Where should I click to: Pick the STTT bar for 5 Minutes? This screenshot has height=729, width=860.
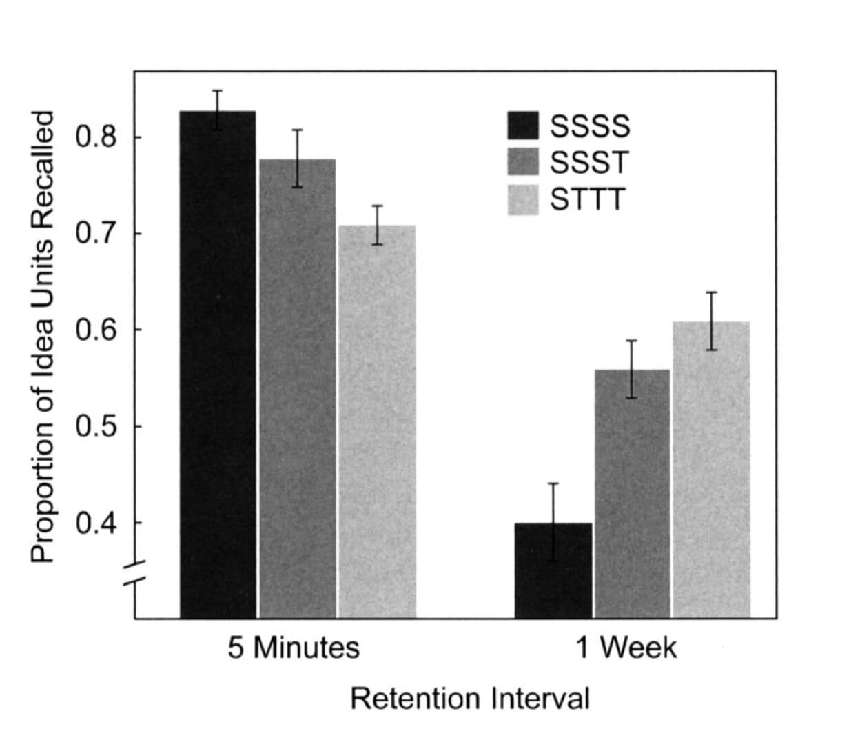[x=377, y=421]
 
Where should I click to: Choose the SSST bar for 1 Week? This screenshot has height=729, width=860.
[x=632, y=494]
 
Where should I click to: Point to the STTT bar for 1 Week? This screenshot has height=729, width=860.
[x=711, y=470]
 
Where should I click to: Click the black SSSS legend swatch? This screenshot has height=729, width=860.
[x=523, y=125]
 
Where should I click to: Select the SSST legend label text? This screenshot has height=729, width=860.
[x=590, y=163]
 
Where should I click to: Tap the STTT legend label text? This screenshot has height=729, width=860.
[x=588, y=199]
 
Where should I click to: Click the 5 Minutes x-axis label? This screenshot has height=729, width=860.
[x=294, y=648]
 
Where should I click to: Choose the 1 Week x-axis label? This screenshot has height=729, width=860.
[x=626, y=648]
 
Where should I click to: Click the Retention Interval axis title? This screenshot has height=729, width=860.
[x=470, y=699]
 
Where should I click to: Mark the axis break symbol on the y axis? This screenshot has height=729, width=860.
[x=135, y=572]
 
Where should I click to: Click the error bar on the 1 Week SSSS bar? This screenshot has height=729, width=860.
[x=553, y=522]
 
